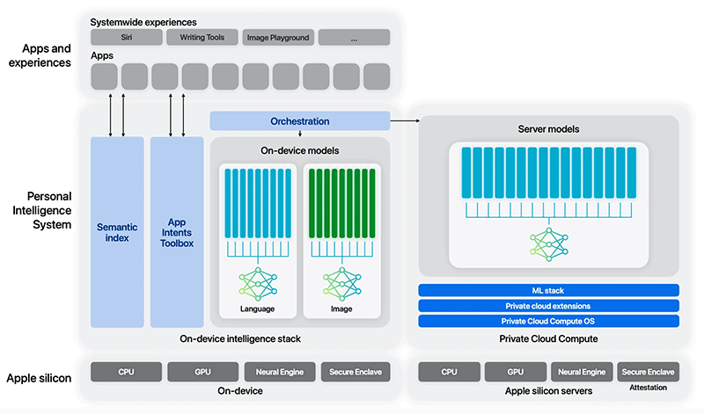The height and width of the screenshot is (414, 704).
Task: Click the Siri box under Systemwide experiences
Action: pyautogui.click(x=127, y=37)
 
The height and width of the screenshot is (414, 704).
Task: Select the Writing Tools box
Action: pyautogui.click(x=202, y=37)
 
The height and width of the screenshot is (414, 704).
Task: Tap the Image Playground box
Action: pyautogui.click(x=277, y=37)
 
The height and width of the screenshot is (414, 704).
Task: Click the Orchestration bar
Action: pyautogui.click(x=300, y=121)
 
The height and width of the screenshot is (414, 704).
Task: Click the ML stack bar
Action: pyautogui.click(x=549, y=290)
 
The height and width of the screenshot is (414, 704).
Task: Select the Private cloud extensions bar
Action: pyautogui.click(x=549, y=306)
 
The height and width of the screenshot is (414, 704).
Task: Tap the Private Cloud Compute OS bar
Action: pyautogui.click(x=549, y=321)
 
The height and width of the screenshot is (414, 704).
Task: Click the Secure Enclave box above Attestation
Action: pyautogui.click(x=648, y=372)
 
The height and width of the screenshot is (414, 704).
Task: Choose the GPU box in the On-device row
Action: pyautogui.click(x=202, y=372)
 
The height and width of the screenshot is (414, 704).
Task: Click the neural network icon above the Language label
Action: pyautogui.click(x=258, y=284)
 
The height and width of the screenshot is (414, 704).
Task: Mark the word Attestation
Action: pyautogui.click(x=648, y=388)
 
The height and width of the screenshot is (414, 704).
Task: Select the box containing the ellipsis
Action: pyautogui.click(x=354, y=37)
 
